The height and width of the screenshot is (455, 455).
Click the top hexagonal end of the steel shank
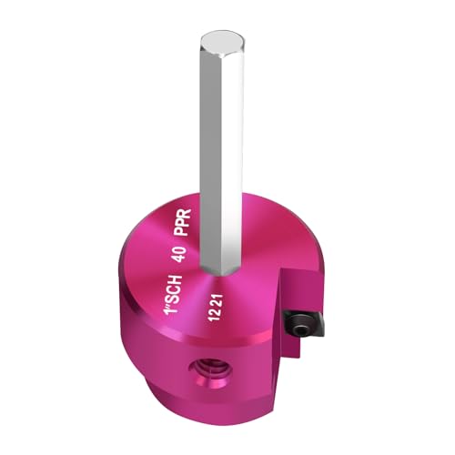coord(222,40)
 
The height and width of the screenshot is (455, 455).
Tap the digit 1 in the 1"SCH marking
coord(172,323)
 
